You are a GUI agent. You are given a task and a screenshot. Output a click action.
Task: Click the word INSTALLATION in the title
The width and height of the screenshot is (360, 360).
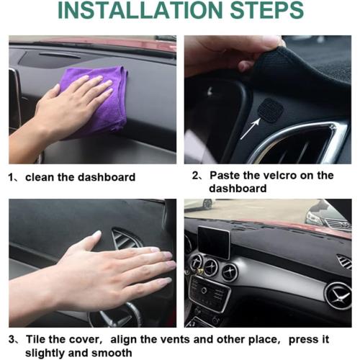pyautogui.click(x=140, y=10)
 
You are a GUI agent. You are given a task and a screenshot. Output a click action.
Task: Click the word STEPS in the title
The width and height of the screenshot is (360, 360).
pyautogui.click(x=267, y=10)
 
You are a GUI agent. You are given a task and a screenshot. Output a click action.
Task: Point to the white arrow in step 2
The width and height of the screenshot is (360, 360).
pyautogui.click(x=251, y=128)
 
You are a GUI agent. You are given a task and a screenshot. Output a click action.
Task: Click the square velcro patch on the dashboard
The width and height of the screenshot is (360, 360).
pyautogui.click(x=271, y=110)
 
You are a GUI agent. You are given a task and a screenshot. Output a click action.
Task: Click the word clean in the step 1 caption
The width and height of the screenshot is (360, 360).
pyautogui.click(x=40, y=177)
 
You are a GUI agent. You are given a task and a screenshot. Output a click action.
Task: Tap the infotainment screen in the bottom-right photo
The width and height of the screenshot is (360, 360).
pyautogui.click(x=214, y=242)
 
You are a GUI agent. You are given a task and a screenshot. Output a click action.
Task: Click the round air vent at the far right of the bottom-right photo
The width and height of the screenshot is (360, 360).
pyautogui.click(x=338, y=296)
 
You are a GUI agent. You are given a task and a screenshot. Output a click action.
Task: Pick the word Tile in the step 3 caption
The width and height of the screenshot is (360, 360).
pyautogui.click(x=35, y=339)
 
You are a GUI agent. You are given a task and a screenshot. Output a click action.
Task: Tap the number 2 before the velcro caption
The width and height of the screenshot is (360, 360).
pyautogui.click(x=195, y=176)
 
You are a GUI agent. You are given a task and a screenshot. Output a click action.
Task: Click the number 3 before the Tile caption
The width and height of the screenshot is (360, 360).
pyautogui.click(x=12, y=340)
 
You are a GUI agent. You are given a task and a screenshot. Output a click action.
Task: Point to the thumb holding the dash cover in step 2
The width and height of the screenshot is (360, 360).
pyautogui.click(x=247, y=66)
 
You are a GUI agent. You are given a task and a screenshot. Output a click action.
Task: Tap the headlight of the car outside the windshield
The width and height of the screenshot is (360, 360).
pyautogui.click(x=315, y=218)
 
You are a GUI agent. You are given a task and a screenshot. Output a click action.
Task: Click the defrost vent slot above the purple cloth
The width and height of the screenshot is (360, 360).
pyautogui.click(x=60, y=55)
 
